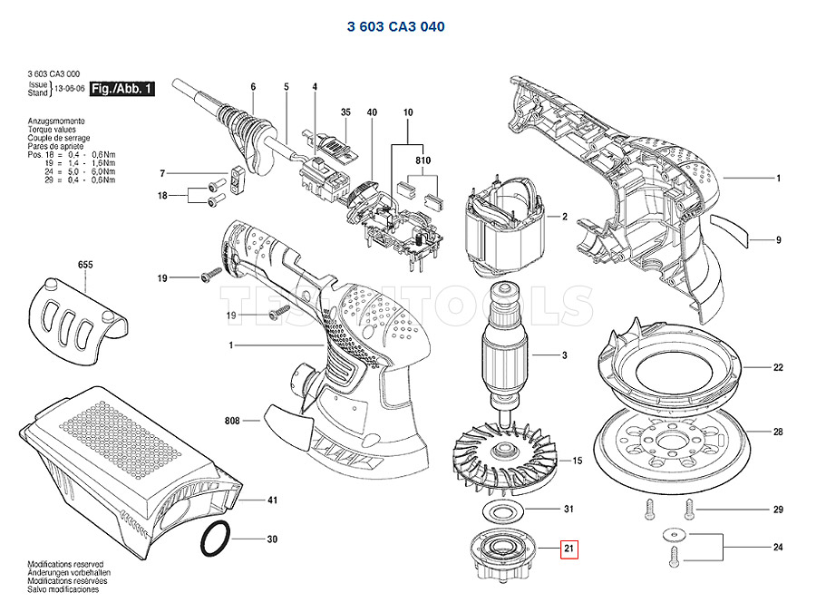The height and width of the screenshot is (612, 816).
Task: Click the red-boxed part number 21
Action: coord(569,549)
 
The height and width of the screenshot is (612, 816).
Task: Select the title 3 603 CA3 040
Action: coord(396,27)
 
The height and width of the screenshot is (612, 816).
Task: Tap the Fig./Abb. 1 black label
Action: coord(124,89)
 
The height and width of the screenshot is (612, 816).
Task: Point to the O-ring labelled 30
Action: coord(215,539)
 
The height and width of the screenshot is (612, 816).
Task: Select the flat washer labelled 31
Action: coord(501,508)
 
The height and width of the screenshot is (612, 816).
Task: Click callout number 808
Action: coord(232,421)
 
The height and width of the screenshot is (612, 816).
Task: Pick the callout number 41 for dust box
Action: coord(271,500)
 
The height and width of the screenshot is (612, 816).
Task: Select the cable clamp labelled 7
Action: coord(238,173)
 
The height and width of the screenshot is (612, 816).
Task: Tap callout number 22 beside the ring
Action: coord(778,368)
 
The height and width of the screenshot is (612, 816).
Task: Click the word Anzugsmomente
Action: coord(56,121)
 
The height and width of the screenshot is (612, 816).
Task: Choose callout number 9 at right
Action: coord(778,240)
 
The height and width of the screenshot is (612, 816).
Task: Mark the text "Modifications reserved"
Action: coord(64,563)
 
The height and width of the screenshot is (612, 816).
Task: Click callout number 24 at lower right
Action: coord(778,547)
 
